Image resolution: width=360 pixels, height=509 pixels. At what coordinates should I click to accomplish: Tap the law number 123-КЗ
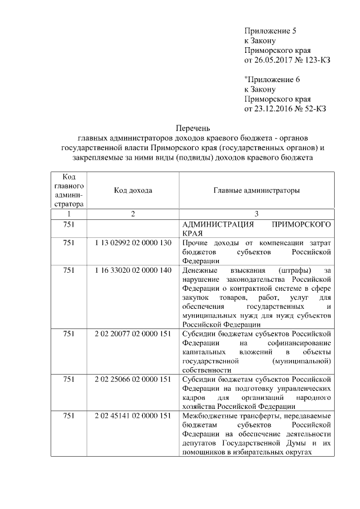pos(312,60)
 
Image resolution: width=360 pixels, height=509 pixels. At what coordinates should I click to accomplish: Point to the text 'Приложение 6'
pos(269,79)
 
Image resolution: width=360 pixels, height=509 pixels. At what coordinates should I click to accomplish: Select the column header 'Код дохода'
pos(133,191)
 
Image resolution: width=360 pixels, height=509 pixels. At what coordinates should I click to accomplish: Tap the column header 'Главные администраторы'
pos(256,191)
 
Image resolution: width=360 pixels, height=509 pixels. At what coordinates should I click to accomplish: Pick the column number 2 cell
pos(133,214)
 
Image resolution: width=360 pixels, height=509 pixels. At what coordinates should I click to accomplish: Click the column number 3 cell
pos(256,214)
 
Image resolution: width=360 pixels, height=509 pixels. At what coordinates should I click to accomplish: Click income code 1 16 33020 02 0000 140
pos(133,271)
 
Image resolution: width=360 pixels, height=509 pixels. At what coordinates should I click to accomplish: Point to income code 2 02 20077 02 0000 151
pos(133,334)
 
